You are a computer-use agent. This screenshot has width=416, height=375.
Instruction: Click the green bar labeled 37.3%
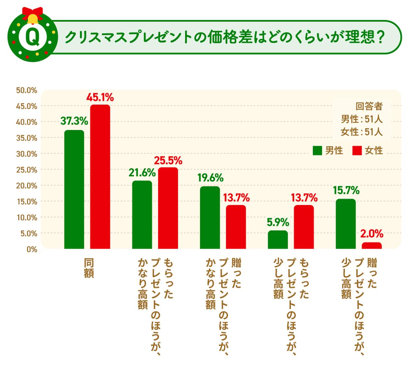[74, 189]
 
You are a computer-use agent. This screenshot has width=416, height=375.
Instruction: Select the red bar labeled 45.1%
[100, 177]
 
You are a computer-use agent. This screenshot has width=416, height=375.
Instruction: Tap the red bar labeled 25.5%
[168, 208]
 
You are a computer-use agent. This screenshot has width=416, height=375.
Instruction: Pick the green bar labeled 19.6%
[210, 217]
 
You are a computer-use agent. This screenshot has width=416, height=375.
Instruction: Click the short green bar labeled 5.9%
[278, 240]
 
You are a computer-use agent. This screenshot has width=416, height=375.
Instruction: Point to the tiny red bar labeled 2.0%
[372, 245]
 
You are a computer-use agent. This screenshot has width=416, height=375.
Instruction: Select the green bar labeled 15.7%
[346, 224]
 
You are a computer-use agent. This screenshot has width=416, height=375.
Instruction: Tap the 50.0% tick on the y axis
[27, 90]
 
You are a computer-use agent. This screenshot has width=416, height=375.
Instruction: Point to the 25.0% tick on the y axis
[27, 170]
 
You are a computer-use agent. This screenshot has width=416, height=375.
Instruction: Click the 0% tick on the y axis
[32, 249]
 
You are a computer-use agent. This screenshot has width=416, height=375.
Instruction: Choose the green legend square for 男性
[317, 151]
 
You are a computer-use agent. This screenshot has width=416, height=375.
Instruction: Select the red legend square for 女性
[357, 151]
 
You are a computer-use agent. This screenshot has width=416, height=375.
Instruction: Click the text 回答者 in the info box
[369, 106]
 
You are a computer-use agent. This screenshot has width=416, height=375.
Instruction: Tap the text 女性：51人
[362, 132]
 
